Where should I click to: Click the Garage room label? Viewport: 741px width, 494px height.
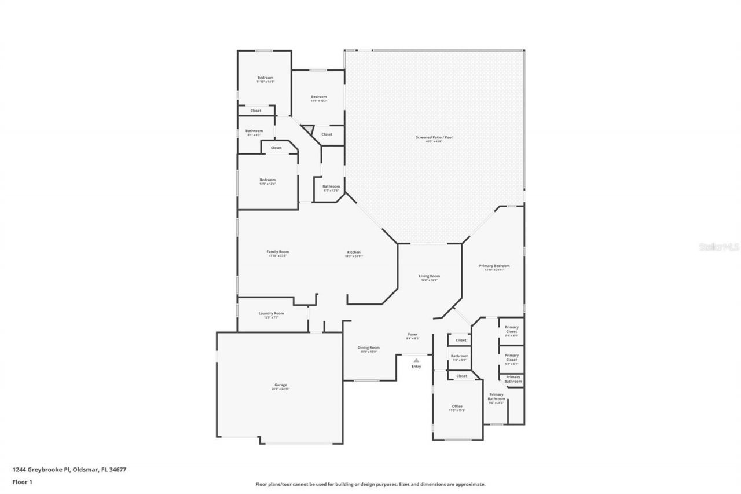(280, 385)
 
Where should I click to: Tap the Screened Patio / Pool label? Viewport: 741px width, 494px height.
(434, 138)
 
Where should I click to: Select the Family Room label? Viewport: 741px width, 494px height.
(277, 252)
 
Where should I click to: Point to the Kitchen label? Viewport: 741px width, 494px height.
(354, 253)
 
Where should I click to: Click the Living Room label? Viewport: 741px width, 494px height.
(430, 276)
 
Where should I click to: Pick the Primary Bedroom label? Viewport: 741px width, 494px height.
(494, 266)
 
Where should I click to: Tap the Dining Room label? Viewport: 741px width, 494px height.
(368, 347)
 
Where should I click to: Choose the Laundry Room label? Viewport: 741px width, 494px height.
(271, 313)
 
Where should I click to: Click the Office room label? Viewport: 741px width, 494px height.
(457, 407)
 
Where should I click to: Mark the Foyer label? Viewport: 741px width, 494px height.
(413, 334)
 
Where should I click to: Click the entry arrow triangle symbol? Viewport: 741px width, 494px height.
(416, 360)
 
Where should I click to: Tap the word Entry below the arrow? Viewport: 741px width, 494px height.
(416, 367)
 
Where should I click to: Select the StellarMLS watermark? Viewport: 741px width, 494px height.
(720, 247)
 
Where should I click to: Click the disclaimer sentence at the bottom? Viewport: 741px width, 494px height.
(370, 484)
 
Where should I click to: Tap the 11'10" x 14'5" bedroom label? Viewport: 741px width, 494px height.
(265, 78)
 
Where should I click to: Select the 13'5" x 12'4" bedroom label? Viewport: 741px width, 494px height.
(267, 180)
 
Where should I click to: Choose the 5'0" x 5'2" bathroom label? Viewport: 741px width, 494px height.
(460, 356)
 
